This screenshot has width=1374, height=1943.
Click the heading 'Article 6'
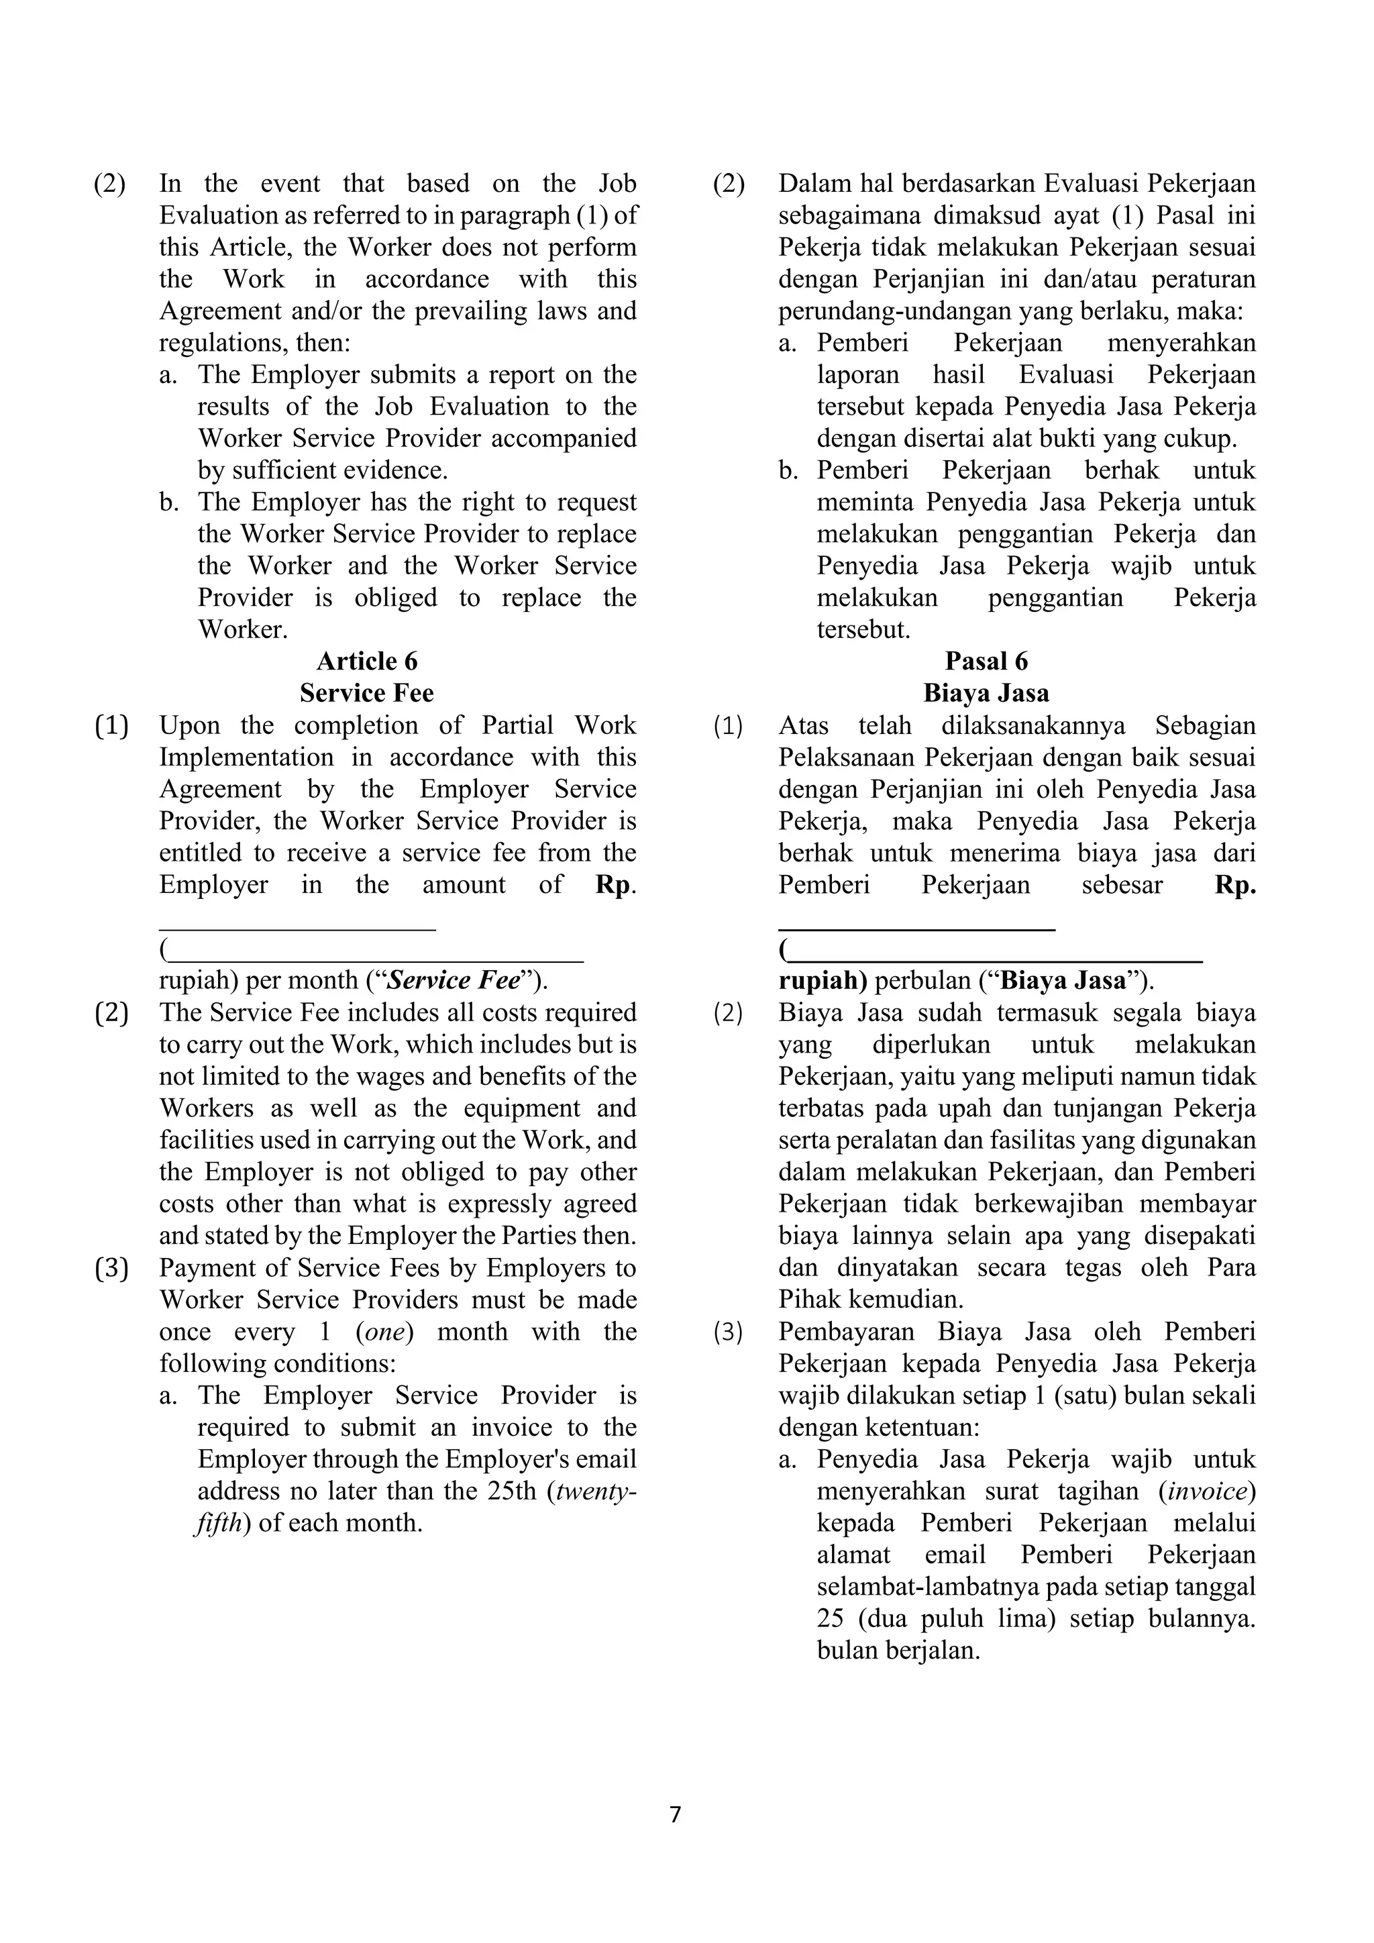(x=366, y=661)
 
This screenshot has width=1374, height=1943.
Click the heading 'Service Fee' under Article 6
(x=366, y=693)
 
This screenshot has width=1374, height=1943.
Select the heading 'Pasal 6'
(x=986, y=661)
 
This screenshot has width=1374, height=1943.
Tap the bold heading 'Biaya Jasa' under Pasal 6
(x=986, y=693)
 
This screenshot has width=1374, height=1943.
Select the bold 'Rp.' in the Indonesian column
(x=1235, y=884)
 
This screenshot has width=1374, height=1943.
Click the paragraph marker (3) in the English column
(x=111, y=1267)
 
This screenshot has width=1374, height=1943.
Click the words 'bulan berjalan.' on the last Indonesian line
(x=898, y=1650)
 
